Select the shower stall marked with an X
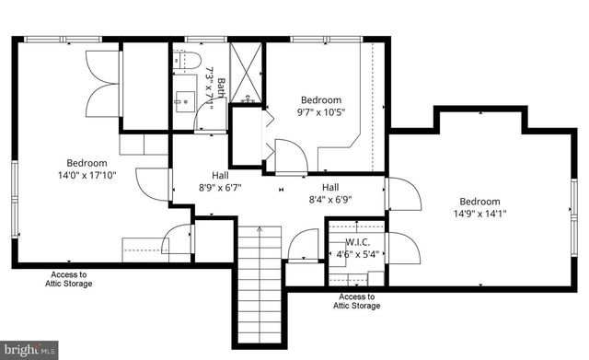pyautogui.click(x=246, y=73)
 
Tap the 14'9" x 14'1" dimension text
pyautogui.click(x=479, y=215)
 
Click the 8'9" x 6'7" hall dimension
pyautogui.click(x=220, y=187)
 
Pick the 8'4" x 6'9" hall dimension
pyautogui.click(x=330, y=198)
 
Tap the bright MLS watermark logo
pyautogui.click(x=29, y=350)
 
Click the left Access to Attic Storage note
pyautogui.click(x=70, y=279)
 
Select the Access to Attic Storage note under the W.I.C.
pyautogui.click(x=356, y=301)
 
